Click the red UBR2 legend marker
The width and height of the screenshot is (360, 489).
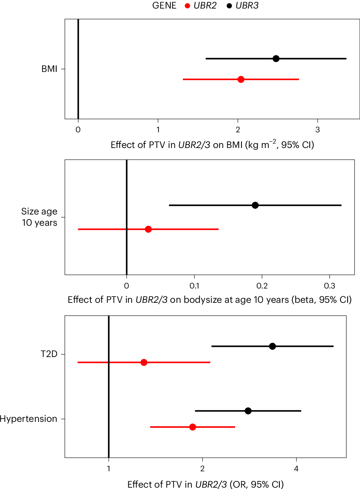187,6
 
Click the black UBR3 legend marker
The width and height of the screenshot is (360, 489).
229,6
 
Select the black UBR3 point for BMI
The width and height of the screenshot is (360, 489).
276,59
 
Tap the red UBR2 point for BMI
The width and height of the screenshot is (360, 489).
241,79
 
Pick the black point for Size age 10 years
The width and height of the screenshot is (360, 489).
255,205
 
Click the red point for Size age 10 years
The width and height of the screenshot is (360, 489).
148,229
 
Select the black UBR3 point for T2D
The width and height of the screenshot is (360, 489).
272,346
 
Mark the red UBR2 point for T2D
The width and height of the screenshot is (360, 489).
144,362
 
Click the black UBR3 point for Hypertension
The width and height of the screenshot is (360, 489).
248,411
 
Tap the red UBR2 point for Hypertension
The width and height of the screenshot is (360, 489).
192,427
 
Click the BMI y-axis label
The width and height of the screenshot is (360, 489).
49,69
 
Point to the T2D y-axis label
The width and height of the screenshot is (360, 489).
49,354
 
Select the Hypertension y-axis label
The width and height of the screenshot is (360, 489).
29,419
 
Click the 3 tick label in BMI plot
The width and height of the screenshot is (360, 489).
318,130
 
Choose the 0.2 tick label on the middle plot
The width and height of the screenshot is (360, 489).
262,286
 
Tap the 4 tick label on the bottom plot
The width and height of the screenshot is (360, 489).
296,469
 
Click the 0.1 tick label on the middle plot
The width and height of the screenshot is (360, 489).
194,286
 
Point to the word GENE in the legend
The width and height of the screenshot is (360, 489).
164,6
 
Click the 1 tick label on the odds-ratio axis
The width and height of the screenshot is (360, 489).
109,469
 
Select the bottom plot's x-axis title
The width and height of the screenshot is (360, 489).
205,484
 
